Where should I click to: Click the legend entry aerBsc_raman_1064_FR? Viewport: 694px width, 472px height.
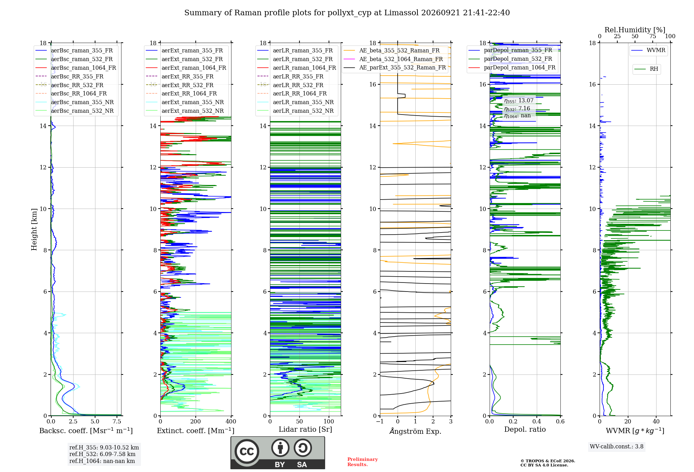pyautogui.click(x=84, y=68)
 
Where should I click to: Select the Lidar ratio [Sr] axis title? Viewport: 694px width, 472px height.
pyautogui.click(x=305, y=430)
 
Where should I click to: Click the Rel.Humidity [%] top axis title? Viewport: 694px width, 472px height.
pyautogui.click(x=635, y=30)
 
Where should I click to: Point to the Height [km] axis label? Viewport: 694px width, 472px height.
pyautogui.click(x=34, y=229)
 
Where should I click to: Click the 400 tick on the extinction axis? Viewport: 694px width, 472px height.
pyautogui.click(x=231, y=422)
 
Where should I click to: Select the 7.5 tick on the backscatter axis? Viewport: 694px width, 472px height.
pyautogui.click(x=117, y=422)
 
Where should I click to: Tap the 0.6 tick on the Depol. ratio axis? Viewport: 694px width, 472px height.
pyautogui.click(x=560, y=422)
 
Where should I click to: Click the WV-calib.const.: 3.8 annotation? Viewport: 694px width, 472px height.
pyautogui.click(x=617, y=447)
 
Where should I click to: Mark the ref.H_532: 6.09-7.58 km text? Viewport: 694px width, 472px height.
pyautogui.click(x=102, y=454)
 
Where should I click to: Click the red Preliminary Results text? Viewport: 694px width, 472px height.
pyautogui.click(x=362, y=462)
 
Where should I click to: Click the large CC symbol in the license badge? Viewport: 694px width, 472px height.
pyautogui.click(x=247, y=452)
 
